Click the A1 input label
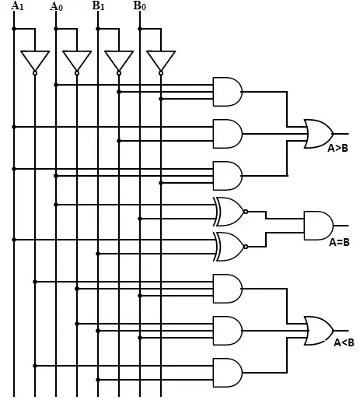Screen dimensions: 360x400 [x=17, y=5]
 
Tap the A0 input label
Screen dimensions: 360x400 [x=56, y=6]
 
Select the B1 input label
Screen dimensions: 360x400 [x=98, y=5]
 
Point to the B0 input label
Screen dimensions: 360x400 [x=140, y=5]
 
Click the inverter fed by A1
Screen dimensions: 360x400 [x=35, y=62]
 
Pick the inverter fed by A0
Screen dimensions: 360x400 [x=77, y=62]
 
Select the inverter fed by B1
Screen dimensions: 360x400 [x=119, y=62]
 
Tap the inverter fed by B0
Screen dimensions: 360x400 [x=161, y=62]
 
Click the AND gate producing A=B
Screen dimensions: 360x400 [x=319, y=226]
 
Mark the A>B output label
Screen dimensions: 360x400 [x=337, y=148]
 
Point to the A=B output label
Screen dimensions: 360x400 [x=339, y=242]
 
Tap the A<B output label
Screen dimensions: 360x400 [x=344, y=342]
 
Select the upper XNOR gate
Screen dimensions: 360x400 [x=230, y=212]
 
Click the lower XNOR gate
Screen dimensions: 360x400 [x=230, y=247]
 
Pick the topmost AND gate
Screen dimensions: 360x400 [x=228, y=92]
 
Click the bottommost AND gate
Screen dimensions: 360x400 [x=228, y=373]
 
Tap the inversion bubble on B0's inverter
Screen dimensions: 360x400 [x=161, y=73]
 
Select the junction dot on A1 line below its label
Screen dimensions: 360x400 [x=14, y=29]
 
